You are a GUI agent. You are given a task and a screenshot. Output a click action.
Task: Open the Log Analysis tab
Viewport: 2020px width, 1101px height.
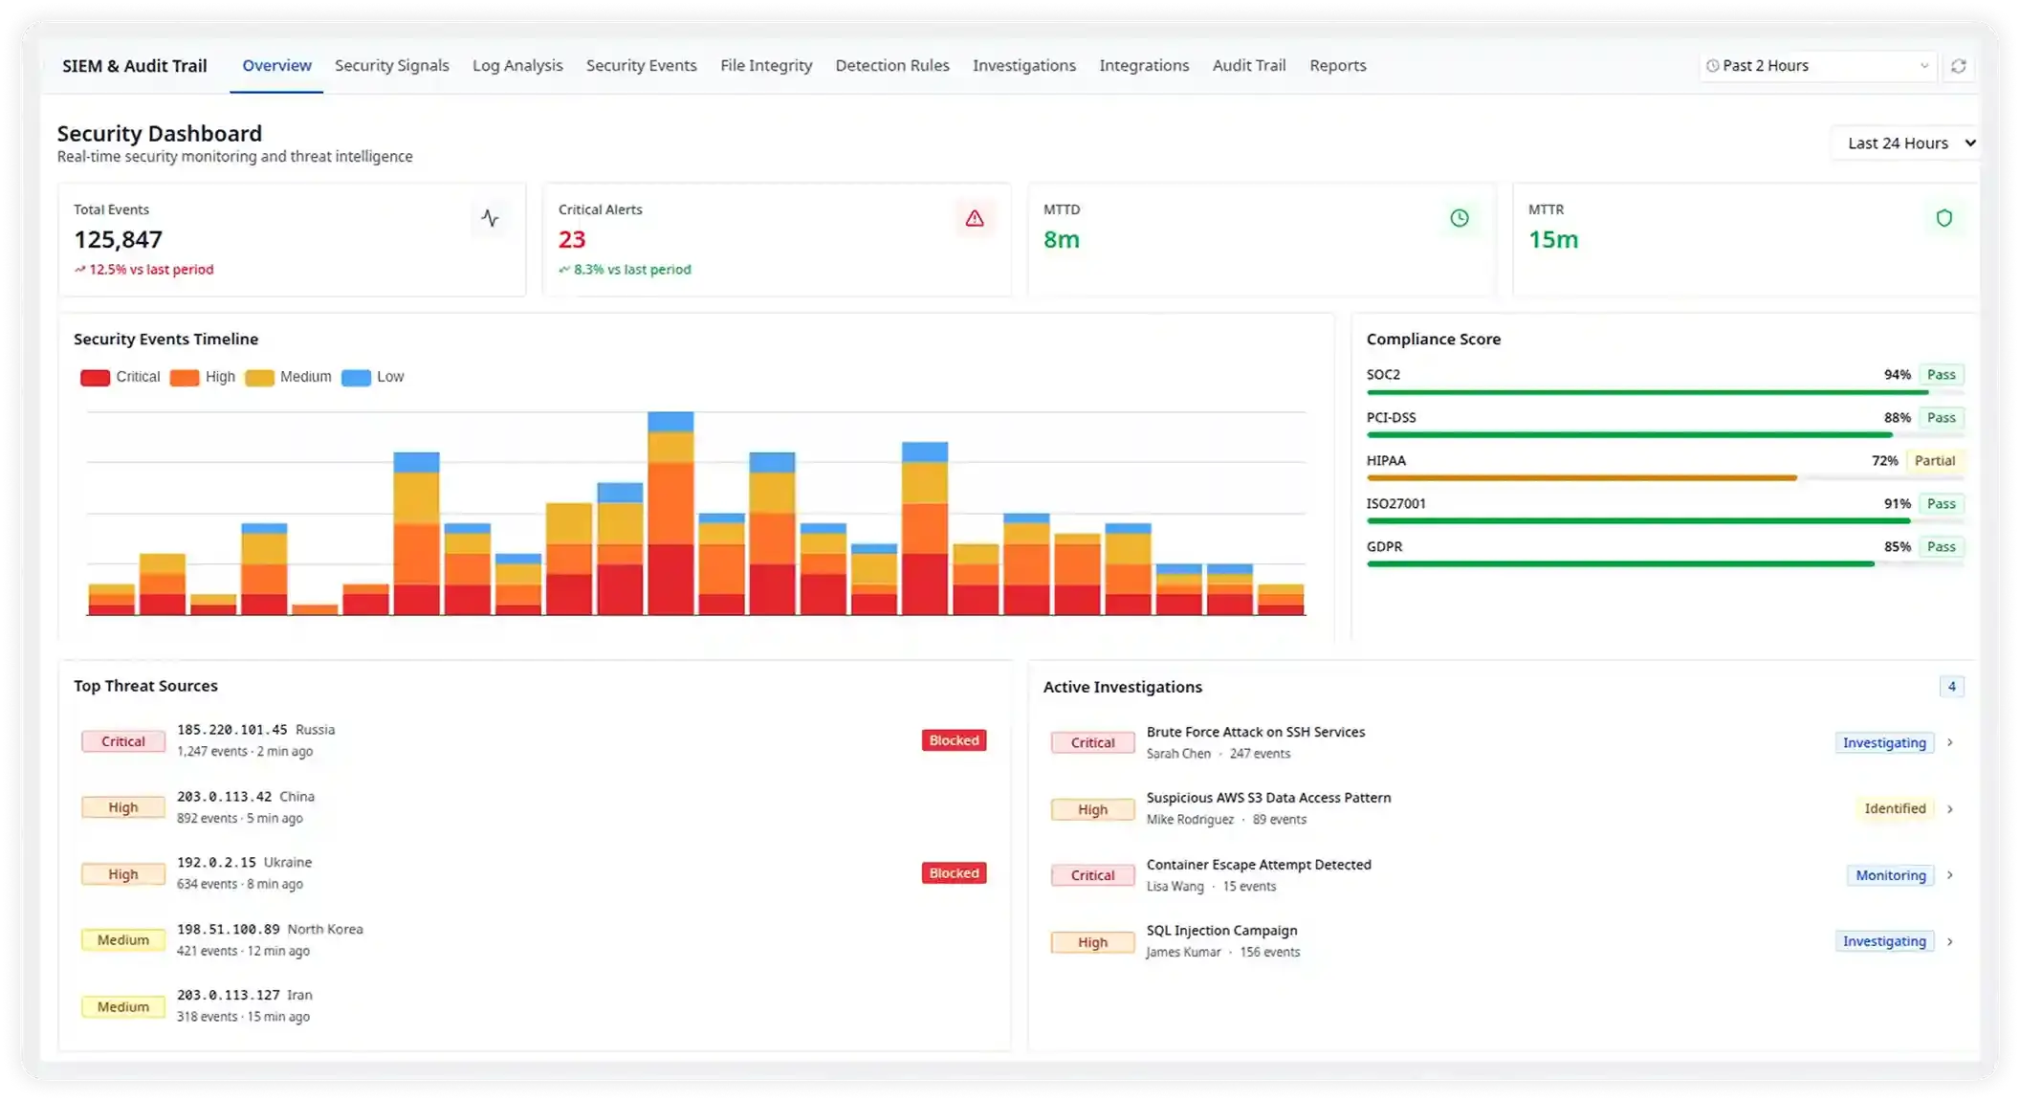coord(517,66)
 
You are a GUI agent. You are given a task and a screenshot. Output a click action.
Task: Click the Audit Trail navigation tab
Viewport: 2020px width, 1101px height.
coord(1248,66)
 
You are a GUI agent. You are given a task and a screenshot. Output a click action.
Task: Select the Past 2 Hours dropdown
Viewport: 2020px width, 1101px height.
coord(1816,66)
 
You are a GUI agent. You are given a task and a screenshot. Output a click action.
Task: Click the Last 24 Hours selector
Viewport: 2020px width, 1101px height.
coord(1907,143)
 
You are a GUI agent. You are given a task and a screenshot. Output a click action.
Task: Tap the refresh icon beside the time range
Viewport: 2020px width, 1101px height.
coord(1958,66)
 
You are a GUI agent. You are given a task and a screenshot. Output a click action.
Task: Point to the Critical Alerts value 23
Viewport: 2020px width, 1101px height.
coord(572,239)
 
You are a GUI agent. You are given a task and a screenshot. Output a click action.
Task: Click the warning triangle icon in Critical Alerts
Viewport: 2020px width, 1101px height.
coord(974,219)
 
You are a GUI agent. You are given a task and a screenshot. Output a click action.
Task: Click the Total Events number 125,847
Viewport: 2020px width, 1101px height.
coord(119,239)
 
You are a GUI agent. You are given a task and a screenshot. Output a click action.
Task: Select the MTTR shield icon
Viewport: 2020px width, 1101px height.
coord(1943,219)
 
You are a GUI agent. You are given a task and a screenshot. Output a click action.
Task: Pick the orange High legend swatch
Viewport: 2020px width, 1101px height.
coord(185,378)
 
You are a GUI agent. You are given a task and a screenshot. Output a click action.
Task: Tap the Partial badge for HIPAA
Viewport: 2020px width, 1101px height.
coord(1934,461)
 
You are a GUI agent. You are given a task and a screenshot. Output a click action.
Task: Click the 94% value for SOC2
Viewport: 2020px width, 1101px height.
coord(1897,375)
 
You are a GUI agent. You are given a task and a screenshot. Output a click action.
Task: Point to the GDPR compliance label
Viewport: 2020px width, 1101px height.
coord(1384,547)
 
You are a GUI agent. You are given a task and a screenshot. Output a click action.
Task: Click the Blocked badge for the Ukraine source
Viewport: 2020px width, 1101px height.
coord(954,873)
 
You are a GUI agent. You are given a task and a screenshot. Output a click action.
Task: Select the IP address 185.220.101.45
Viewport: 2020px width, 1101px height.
coord(231,730)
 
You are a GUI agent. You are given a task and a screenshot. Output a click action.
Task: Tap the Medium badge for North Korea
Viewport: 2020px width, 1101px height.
coord(123,940)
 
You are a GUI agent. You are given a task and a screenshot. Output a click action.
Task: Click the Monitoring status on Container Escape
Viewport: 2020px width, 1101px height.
coord(1890,875)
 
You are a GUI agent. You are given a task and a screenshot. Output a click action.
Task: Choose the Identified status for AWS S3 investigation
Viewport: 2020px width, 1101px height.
coord(1894,809)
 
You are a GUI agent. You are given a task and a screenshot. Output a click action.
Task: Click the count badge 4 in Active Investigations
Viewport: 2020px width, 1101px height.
coord(1951,687)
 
